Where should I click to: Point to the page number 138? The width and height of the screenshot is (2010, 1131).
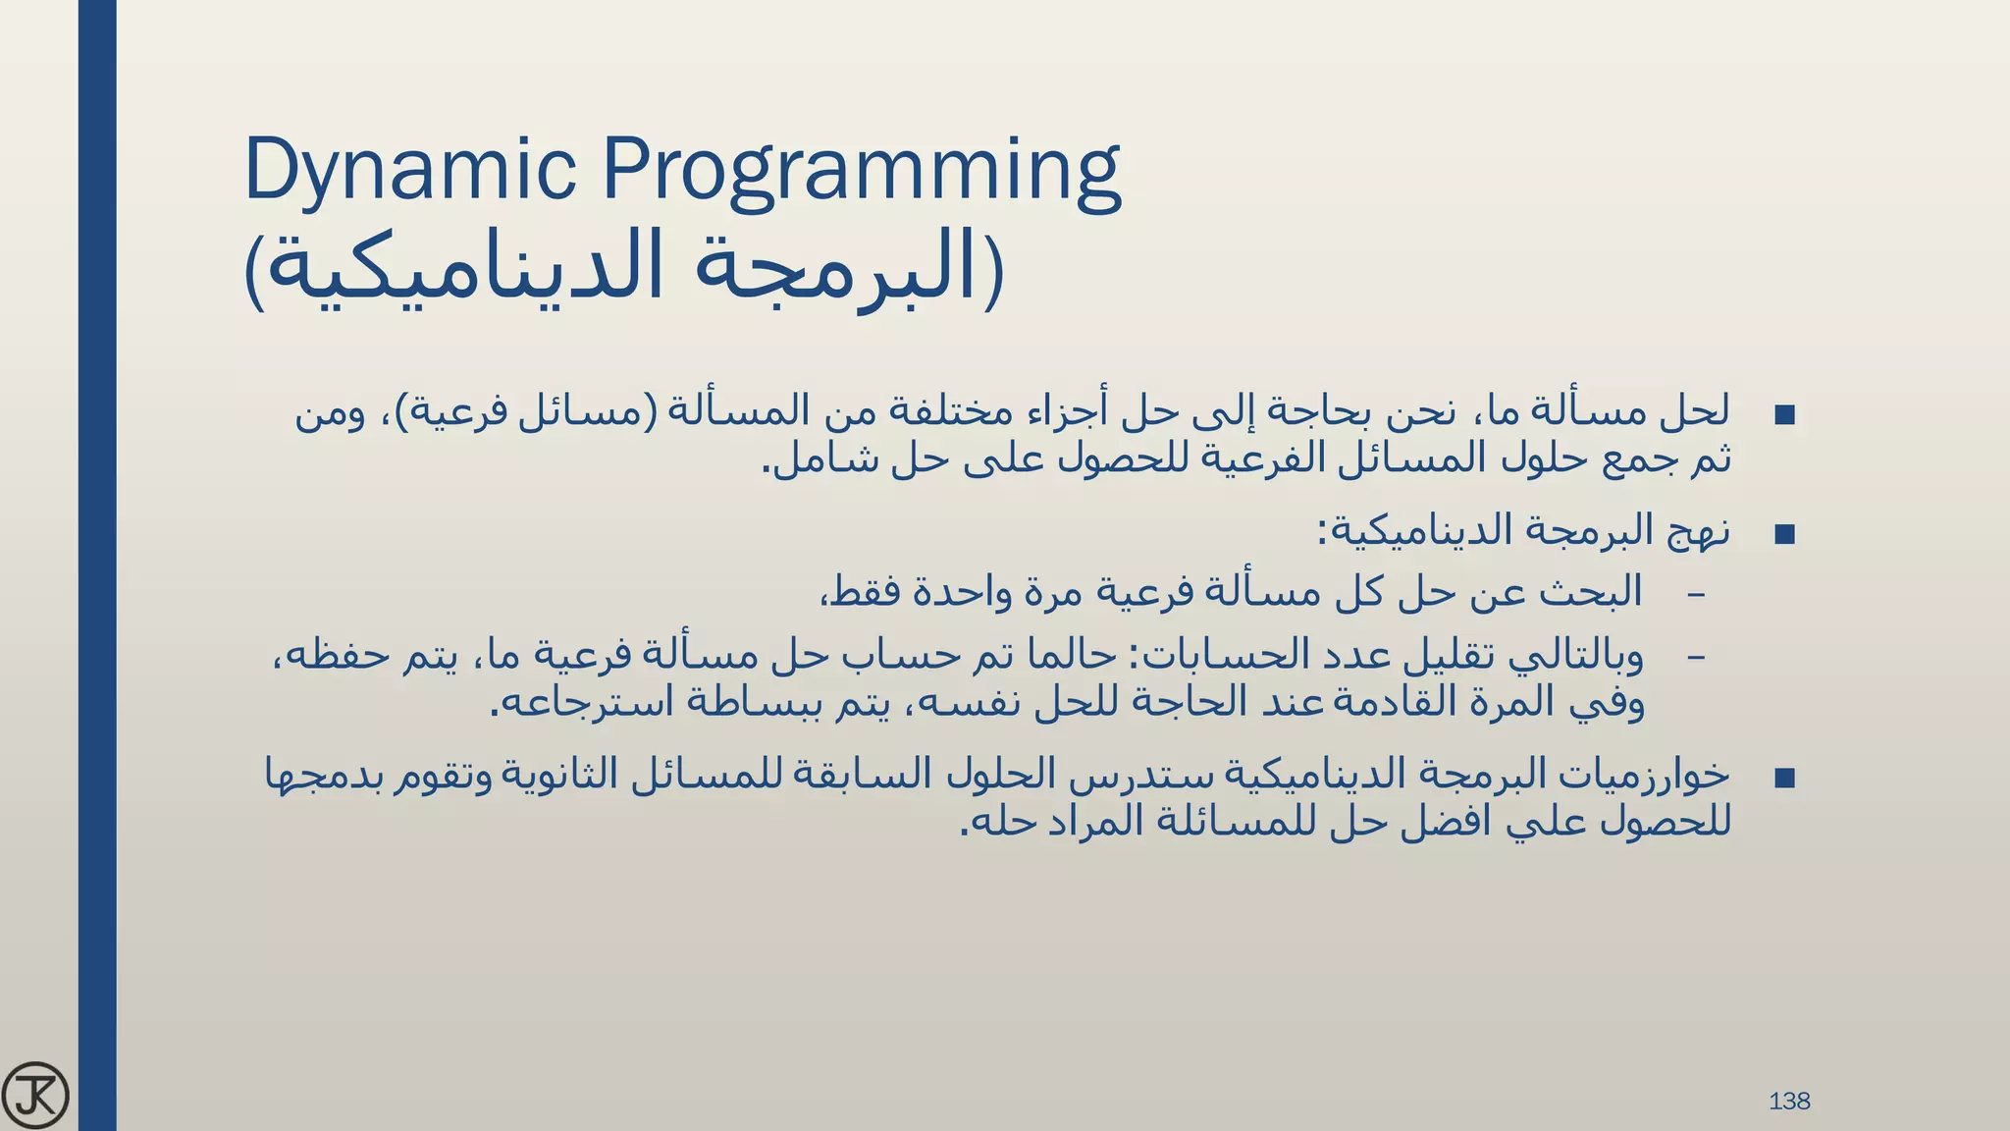click(1789, 1102)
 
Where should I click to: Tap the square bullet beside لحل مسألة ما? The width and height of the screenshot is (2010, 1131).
click(1785, 414)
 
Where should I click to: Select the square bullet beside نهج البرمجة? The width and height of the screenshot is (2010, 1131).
click(1785, 535)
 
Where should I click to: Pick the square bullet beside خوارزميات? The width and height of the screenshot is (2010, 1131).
click(1785, 779)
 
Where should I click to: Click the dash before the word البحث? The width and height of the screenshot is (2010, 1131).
click(1696, 595)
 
